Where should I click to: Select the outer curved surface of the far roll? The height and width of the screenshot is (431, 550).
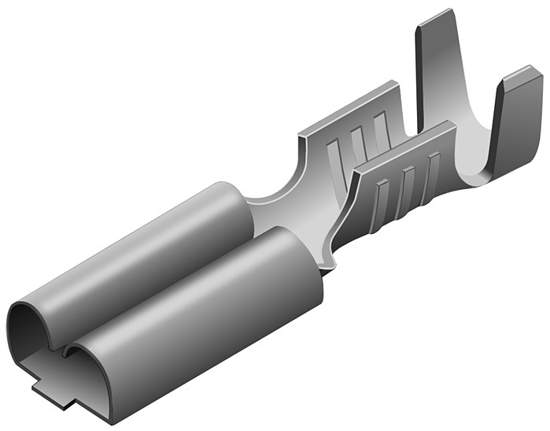click(149, 244)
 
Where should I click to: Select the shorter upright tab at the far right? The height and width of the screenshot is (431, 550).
click(515, 118)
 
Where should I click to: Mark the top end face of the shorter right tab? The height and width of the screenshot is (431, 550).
click(521, 75)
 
